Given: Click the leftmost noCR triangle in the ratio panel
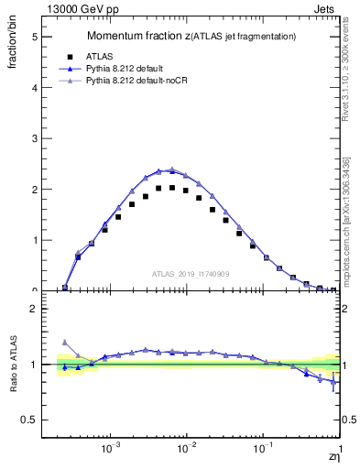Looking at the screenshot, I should point(64,342).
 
